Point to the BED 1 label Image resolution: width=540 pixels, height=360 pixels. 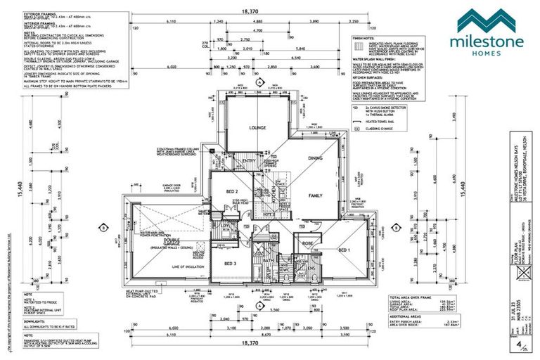point(344,250)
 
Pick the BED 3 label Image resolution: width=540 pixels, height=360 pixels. point(231,263)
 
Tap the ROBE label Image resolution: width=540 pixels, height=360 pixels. point(307,244)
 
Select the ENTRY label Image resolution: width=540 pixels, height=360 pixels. point(249,161)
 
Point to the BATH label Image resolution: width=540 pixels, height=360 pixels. point(268,261)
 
